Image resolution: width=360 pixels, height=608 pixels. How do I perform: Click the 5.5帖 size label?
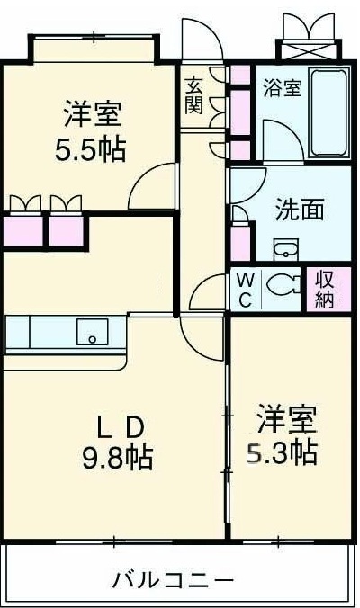pos(93,147)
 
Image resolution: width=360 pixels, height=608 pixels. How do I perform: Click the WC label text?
pos(244,290)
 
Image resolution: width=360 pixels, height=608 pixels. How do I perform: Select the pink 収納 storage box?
pos(325,290)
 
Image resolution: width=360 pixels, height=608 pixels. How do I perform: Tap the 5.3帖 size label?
pos(282,452)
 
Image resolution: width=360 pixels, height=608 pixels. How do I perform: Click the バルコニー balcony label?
pos(173,580)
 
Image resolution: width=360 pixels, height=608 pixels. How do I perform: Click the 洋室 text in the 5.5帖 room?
pos(93,115)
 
